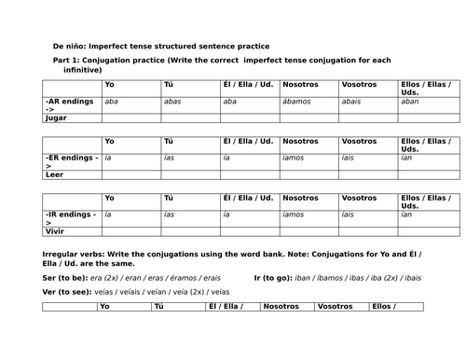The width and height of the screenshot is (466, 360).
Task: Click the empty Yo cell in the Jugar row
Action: point(130,118)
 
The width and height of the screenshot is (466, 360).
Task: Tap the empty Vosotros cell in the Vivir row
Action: point(368,230)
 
